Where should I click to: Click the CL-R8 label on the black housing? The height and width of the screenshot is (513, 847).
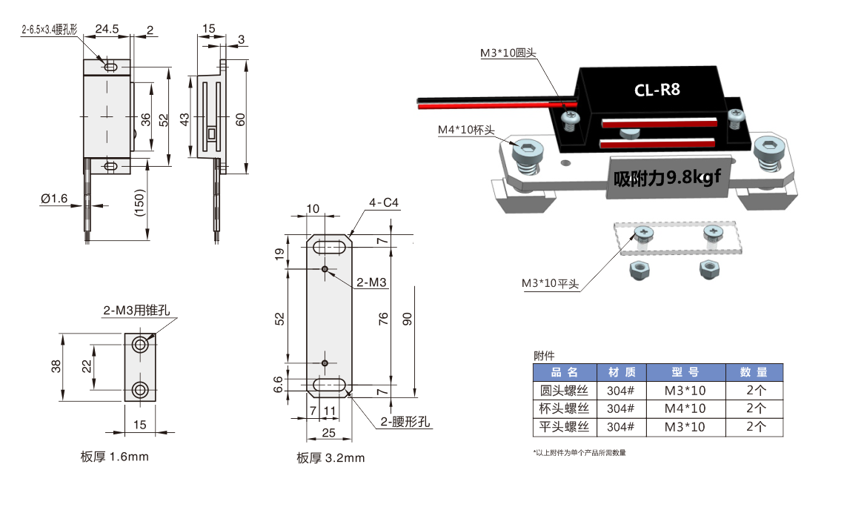(657, 90)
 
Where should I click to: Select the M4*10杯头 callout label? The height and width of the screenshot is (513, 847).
(465, 130)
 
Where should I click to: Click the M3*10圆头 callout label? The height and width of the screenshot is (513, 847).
(508, 53)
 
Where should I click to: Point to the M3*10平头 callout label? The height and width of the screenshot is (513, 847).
(549, 283)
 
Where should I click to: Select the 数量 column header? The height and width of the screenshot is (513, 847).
(755, 372)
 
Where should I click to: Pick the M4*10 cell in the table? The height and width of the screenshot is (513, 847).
(685, 408)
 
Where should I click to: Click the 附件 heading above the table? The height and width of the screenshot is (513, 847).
(544, 356)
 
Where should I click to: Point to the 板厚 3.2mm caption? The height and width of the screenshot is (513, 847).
(331, 458)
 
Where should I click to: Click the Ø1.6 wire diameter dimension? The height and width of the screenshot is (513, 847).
(55, 199)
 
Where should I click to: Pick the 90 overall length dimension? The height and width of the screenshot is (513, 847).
(407, 319)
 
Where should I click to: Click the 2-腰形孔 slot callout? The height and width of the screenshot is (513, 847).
(405, 422)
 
